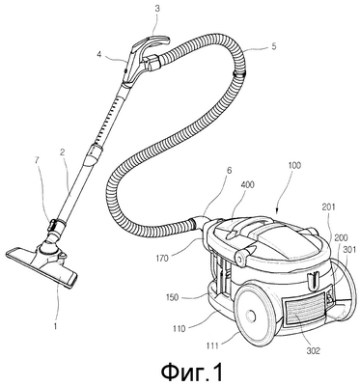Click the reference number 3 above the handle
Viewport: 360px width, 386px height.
pos(157,9)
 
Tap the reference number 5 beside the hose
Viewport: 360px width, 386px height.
pos(274,46)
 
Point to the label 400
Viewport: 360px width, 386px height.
pos(246,184)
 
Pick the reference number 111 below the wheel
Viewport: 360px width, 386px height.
pos(212,345)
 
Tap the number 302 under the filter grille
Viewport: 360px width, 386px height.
pos(313,350)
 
